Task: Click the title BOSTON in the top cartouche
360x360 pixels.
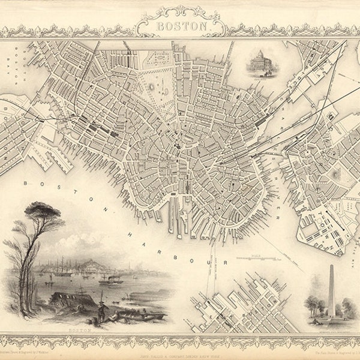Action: [x=180, y=27]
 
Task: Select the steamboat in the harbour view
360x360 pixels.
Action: [x=110, y=279]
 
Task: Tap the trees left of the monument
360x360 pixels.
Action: [x=315, y=303]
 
